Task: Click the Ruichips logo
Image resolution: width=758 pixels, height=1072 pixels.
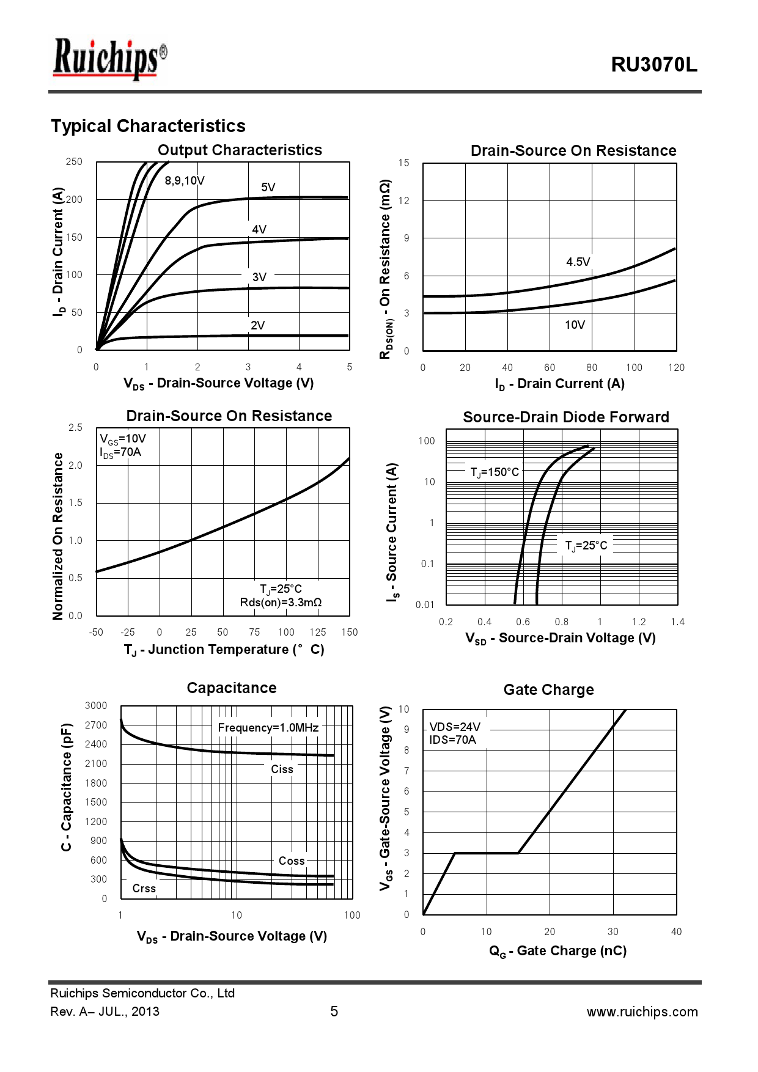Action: tap(109, 59)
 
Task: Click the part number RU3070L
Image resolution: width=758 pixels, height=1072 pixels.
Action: tap(653, 65)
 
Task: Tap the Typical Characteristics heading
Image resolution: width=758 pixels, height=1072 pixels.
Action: tap(148, 126)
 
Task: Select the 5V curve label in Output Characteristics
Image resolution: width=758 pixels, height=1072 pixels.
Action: tap(268, 187)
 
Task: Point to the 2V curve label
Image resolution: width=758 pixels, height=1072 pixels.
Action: tap(258, 325)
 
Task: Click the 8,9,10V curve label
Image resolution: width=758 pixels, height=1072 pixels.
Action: tap(185, 180)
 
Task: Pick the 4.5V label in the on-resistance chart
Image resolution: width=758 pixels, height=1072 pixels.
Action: tap(578, 262)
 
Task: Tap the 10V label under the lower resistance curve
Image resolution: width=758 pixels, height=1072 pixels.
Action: tap(575, 325)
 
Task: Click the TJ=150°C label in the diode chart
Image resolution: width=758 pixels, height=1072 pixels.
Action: tap(495, 472)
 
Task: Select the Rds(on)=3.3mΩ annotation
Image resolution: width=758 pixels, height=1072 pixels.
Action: tap(281, 603)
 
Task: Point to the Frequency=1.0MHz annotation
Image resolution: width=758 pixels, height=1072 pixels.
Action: tap(268, 727)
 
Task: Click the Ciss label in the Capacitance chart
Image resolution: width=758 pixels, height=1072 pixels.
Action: tap(282, 769)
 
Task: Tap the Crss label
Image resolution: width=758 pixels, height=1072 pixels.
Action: tap(144, 888)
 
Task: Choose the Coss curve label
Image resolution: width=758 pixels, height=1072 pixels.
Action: tap(292, 861)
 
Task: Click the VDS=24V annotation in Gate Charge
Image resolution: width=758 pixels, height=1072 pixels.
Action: tap(455, 727)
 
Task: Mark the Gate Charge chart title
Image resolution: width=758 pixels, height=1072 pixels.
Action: tap(548, 689)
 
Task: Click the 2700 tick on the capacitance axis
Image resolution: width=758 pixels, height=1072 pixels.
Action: tap(96, 725)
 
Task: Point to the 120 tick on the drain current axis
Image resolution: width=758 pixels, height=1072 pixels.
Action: tap(676, 367)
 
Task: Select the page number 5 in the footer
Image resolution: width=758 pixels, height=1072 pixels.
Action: tap(334, 1011)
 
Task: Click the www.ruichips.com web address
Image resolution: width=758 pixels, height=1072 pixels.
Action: tap(642, 1011)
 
